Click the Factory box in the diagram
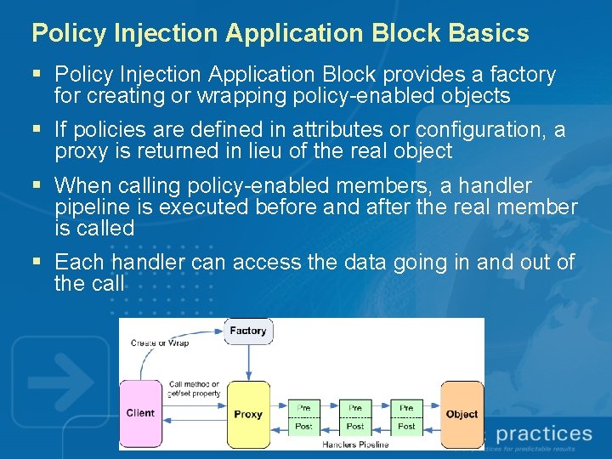click(248, 331)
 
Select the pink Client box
click(140, 414)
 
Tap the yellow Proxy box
click(248, 415)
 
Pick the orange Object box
click(462, 415)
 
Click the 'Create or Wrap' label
click(159, 343)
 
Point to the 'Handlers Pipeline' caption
click(355, 444)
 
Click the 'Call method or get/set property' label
click(194, 388)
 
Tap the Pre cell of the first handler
click(303, 408)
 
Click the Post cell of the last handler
click(407, 426)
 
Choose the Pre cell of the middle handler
click(355, 408)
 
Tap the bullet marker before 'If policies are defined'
click(37, 130)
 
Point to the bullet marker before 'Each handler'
click(37, 263)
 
